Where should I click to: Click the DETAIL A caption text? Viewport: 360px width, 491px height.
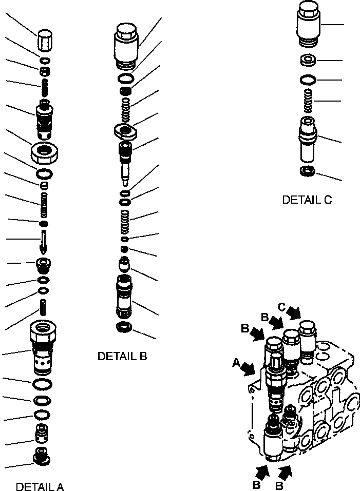point(40,486)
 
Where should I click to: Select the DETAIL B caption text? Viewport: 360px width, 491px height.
point(122,356)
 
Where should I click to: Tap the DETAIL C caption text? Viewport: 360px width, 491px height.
point(307,200)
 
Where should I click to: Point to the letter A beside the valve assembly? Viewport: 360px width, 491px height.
point(236,363)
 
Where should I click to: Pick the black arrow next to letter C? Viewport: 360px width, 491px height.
point(295,312)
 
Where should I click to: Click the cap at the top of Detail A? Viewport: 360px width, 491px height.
point(45,41)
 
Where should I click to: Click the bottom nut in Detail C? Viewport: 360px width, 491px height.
point(307,171)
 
